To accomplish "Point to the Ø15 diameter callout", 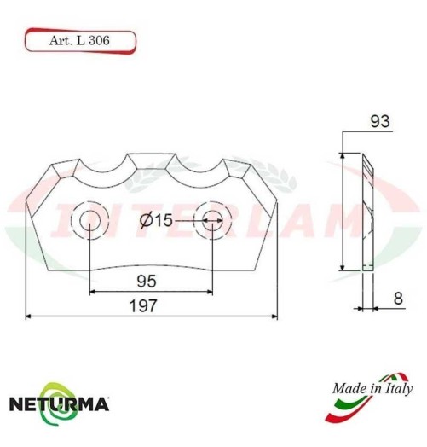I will (155, 221).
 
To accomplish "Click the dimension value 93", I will (380, 122).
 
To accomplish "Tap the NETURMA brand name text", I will (59, 400).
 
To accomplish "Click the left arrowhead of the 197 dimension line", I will (29, 316).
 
